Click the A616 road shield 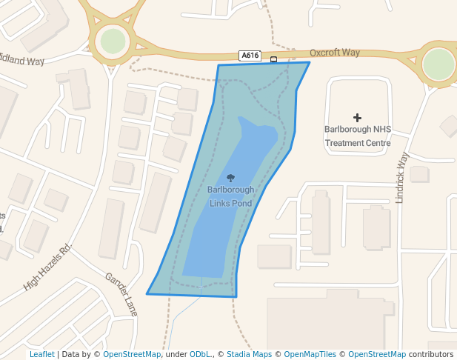[x=250, y=56]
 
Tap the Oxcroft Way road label [x=335, y=53]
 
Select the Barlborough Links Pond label [x=230, y=196]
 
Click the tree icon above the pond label [x=230, y=178]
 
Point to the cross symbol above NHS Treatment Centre [x=358, y=117]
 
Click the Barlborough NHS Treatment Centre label [x=358, y=136]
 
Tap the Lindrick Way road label [x=403, y=178]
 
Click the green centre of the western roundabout [x=113, y=41]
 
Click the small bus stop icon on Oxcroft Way [x=274, y=59]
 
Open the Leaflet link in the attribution [x=42, y=355]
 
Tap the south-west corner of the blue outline [x=147, y=294]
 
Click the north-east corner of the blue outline [x=310, y=63]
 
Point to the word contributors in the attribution [x=431, y=355]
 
